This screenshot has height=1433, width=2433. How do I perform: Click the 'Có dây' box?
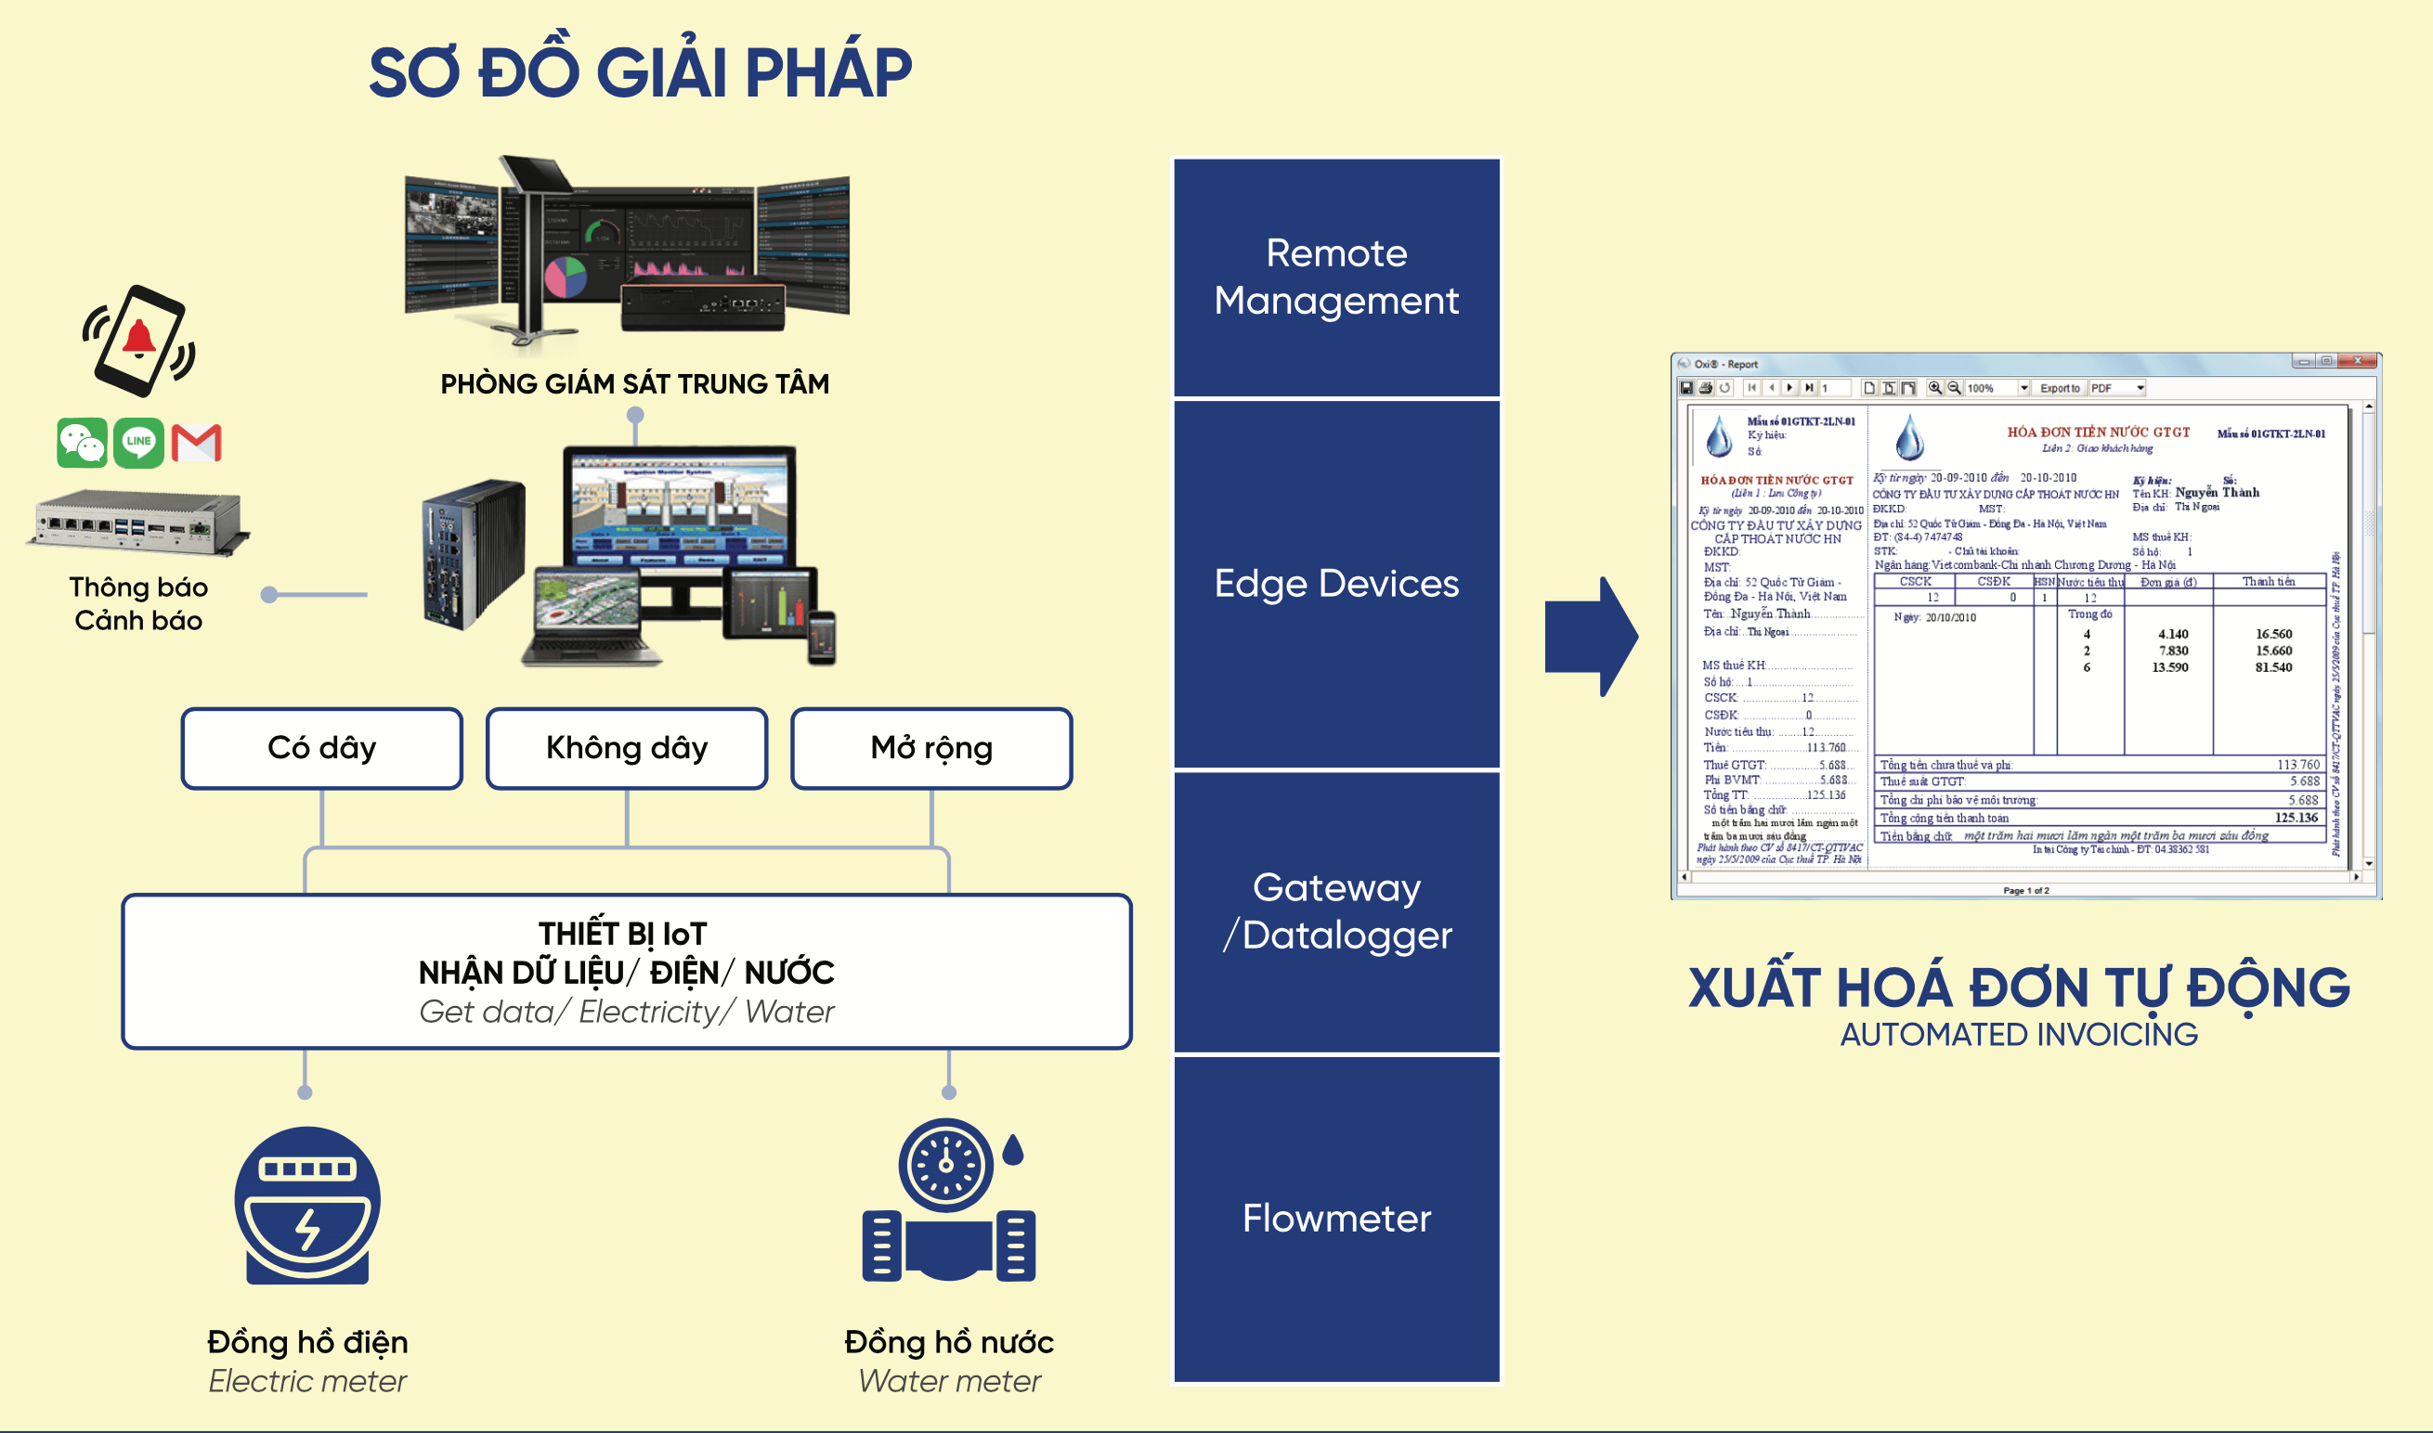(321, 748)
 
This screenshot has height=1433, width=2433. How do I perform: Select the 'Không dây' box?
(627, 748)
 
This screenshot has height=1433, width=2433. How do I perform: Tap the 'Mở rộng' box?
(931, 748)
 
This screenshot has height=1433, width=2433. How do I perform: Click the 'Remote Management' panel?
(1336, 278)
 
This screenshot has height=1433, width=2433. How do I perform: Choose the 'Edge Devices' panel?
(1336, 583)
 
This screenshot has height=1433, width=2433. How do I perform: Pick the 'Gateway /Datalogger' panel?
(1336, 910)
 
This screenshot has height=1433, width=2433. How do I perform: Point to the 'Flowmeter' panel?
(1336, 1219)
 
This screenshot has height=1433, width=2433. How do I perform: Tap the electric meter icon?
(307, 1205)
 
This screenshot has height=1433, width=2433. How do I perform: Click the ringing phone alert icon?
(139, 340)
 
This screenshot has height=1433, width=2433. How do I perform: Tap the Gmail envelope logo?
(197, 443)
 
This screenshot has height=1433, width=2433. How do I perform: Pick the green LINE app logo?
(139, 443)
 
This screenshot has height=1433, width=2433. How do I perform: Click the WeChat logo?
(82, 443)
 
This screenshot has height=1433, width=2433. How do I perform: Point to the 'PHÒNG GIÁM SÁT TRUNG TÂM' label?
(634, 384)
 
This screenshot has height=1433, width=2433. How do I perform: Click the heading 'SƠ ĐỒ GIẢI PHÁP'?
(641, 72)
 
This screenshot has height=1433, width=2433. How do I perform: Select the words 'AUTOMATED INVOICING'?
(2019, 1034)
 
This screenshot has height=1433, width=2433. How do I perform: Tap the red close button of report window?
(2358, 361)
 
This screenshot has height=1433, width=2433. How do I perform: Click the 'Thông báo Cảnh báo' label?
(138, 603)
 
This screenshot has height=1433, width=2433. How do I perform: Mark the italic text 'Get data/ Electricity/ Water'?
(626, 1012)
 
